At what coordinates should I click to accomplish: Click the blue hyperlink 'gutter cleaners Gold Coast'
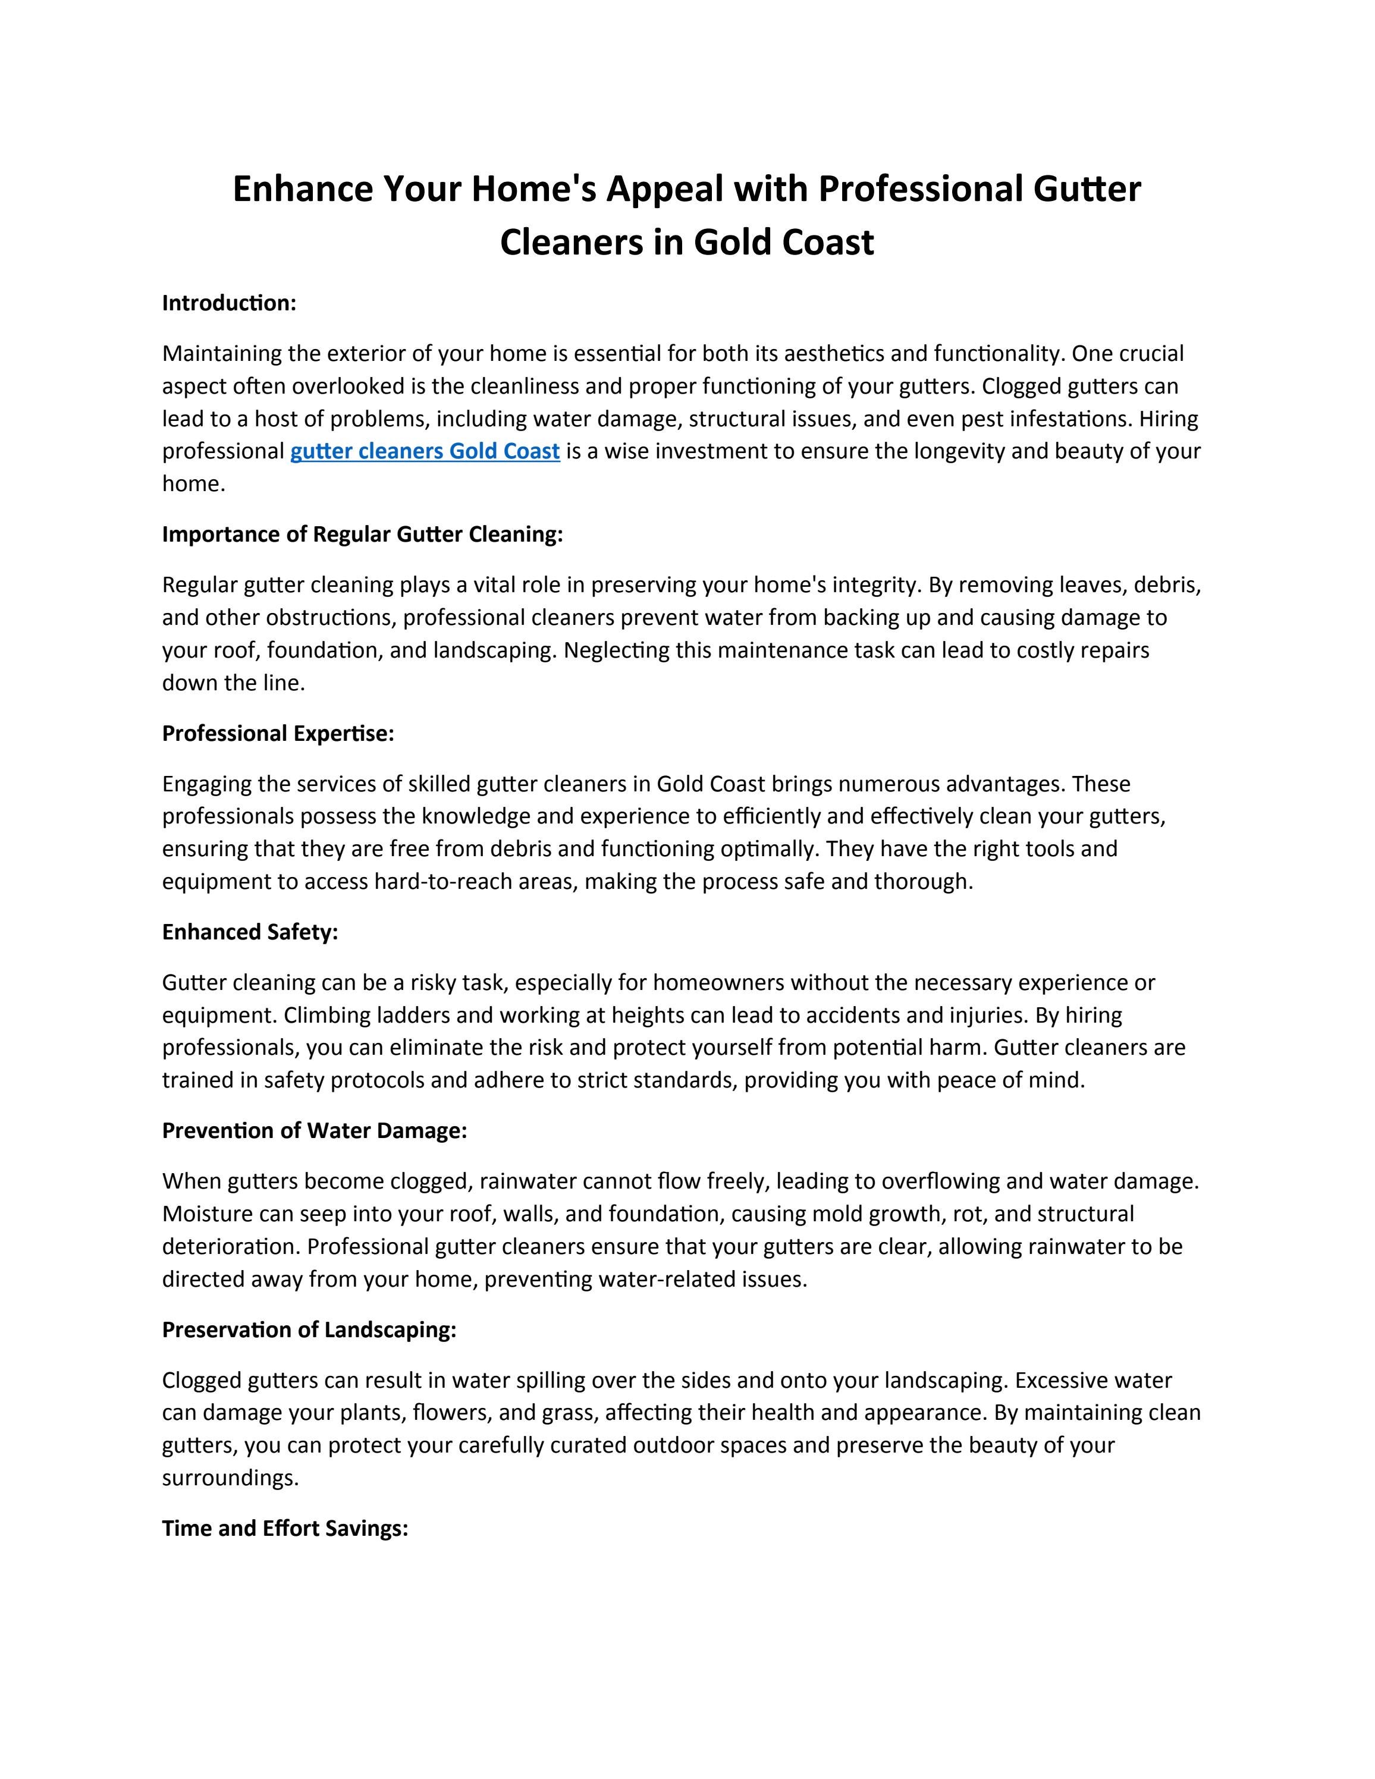tap(425, 451)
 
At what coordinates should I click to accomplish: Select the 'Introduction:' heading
tap(229, 303)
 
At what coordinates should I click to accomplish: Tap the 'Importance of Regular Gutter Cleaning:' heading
tap(363, 535)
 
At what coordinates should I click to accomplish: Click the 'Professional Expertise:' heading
tap(278, 733)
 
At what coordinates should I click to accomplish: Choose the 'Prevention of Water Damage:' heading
tap(315, 1131)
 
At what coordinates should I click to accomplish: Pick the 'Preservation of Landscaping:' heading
tap(309, 1329)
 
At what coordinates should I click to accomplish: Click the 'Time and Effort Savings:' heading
tap(285, 1528)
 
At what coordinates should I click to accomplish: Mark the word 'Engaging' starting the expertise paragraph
tap(207, 784)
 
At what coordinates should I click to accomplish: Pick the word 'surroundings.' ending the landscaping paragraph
tap(231, 1478)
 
